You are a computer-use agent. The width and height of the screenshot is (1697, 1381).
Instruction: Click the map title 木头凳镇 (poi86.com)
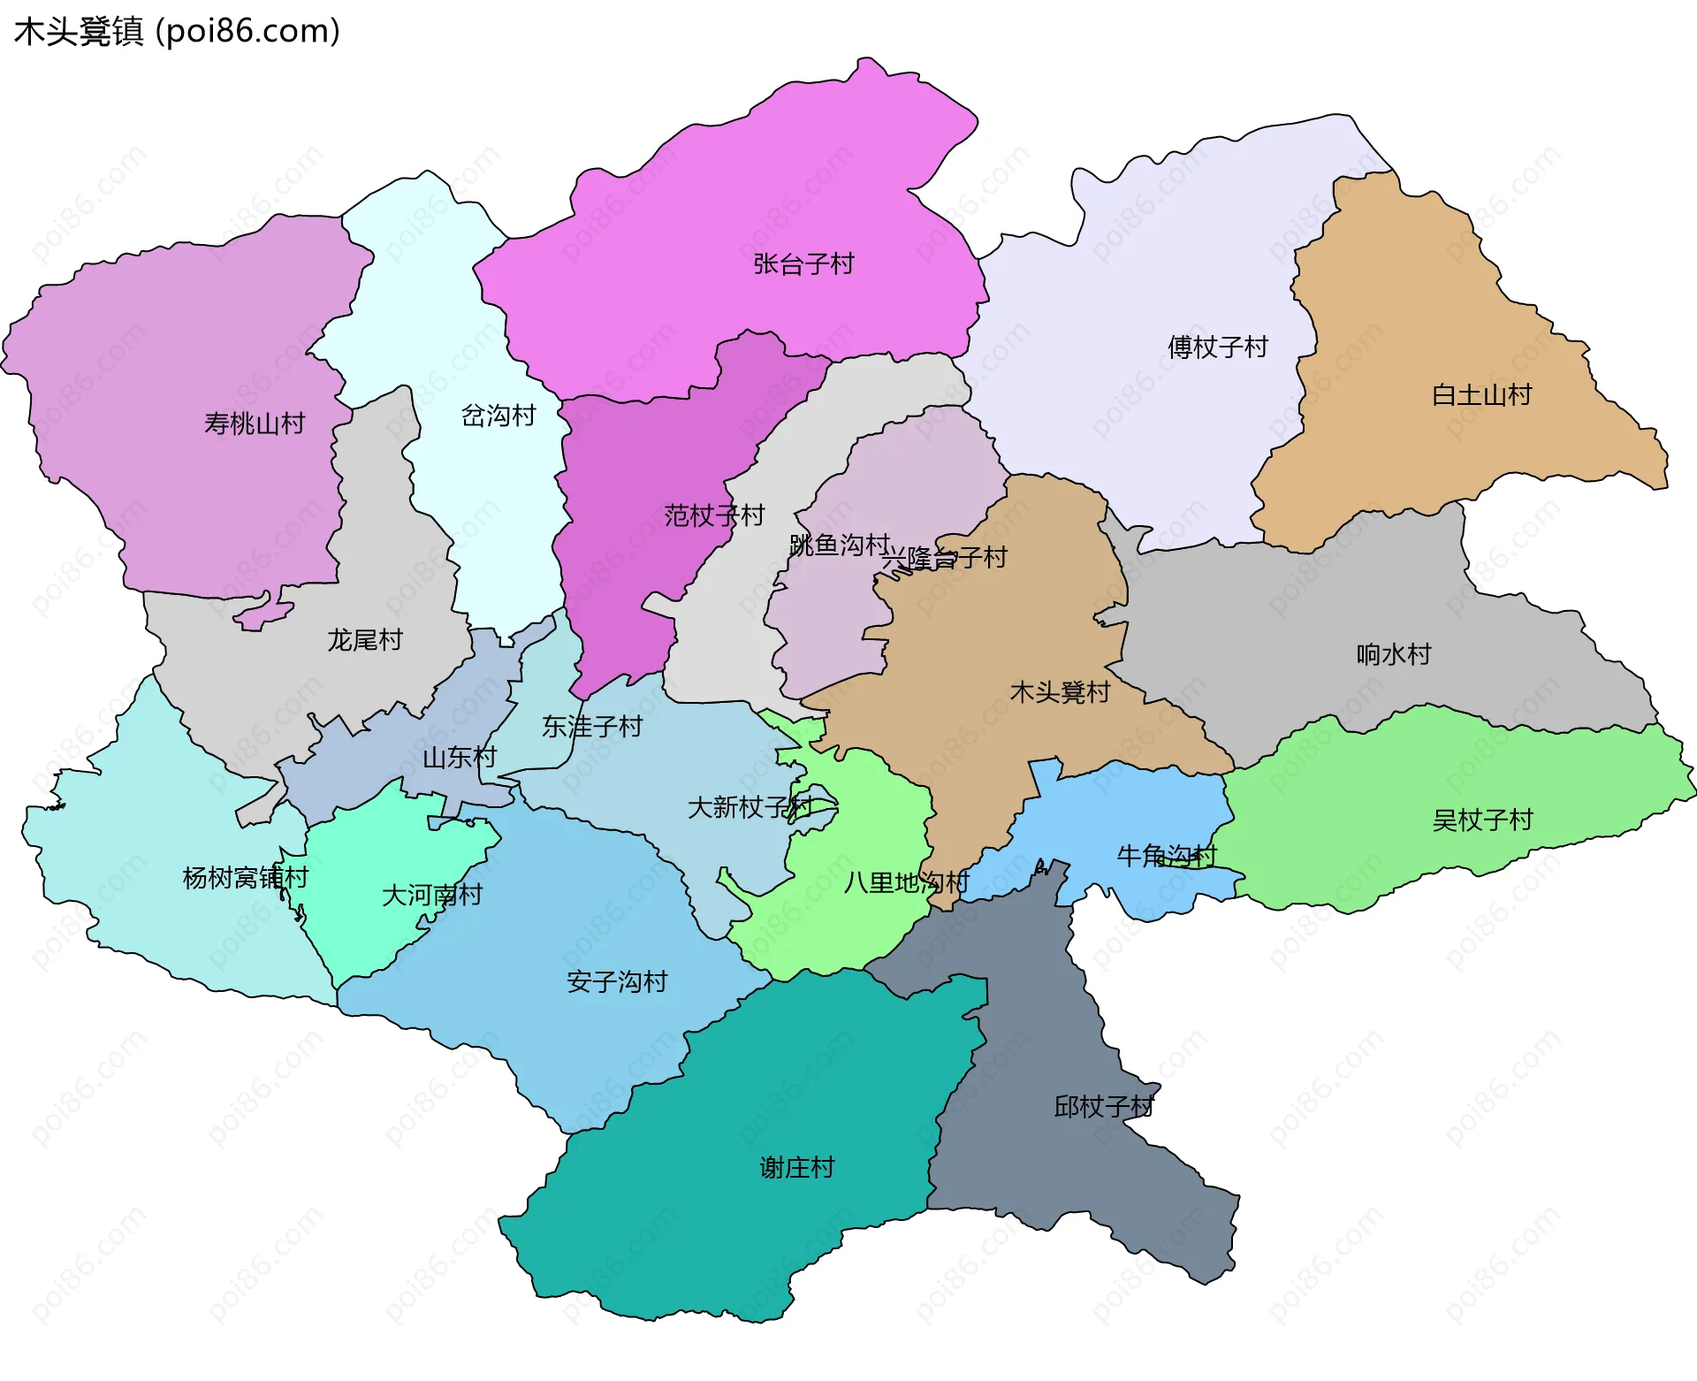click(x=177, y=31)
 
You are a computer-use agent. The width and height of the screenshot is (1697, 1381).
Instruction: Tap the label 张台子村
click(x=803, y=263)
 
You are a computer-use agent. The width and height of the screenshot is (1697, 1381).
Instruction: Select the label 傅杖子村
click(x=1217, y=347)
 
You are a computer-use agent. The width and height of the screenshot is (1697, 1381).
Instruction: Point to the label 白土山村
click(x=1481, y=394)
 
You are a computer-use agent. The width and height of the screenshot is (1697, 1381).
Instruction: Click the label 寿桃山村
click(x=255, y=423)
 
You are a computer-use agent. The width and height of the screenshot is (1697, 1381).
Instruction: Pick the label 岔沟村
click(x=498, y=415)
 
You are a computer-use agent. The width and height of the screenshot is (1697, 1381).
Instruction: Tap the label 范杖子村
click(x=714, y=515)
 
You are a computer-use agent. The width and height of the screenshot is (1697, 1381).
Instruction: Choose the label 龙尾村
click(x=365, y=639)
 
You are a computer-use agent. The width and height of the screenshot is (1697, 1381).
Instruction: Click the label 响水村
click(x=1393, y=654)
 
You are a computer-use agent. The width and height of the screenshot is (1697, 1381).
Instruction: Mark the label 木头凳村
click(x=1060, y=691)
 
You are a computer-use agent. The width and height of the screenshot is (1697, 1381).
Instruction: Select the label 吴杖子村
click(x=1482, y=820)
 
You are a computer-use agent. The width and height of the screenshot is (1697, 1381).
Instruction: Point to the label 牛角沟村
click(x=1167, y=855)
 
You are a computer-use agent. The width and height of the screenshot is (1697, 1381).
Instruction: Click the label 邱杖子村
click(x=1104, y=1106)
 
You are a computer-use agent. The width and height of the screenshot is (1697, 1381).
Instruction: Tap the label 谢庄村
click(x=796, y=1167)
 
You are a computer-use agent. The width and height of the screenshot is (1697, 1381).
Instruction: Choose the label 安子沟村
click(x=617, y=981)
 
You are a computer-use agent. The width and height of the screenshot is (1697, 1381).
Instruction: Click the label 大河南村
click(x=432, y=895)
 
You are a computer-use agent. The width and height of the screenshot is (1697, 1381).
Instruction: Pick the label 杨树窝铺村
click(x=245, y=877)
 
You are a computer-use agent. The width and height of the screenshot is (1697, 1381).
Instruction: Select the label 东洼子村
click(x=592, y=727)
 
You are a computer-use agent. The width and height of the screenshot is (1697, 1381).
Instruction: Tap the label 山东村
click(x=460, y=757)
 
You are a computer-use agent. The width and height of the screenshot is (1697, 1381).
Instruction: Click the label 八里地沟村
click(x=906, y=881)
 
